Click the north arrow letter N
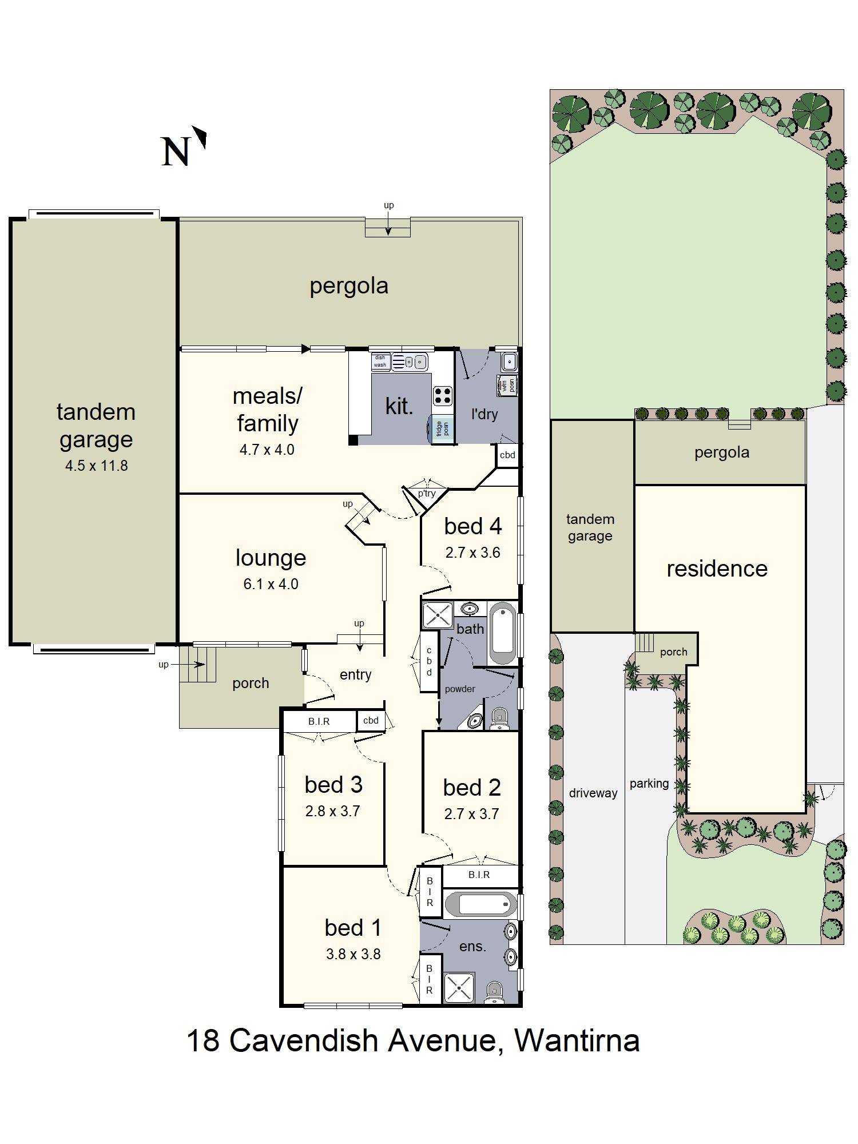pos(175,152)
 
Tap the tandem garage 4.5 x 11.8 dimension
pos(96,466)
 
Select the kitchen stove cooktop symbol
pos(442,395)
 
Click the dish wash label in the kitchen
pos(380,361)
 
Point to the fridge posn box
pos(442,428)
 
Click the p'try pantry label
pos(426,493)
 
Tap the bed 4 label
pos(472,526)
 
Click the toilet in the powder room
pos(499,718)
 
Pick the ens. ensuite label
pos(472,947)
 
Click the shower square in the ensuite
pos(459,988)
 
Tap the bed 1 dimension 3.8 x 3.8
pos(353,954)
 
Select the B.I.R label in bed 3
pos(319,721)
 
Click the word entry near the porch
pos(355,675)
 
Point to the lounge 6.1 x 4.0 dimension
pos(271,584)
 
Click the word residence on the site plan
pos(717,569)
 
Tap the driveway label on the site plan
pos(593,793)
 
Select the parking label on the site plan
pos(649,784)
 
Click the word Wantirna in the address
pos(577,1040)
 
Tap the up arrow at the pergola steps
pos(388,226)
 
